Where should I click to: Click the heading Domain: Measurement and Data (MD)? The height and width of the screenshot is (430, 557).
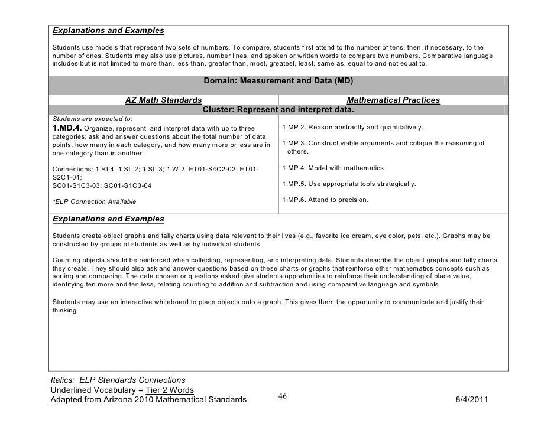277,82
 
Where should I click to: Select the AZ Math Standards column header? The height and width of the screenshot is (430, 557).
163,100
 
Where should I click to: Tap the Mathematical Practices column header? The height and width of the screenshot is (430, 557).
393,100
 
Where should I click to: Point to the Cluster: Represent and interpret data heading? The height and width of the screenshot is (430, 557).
278,110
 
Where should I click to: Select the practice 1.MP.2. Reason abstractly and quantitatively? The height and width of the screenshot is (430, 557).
352,127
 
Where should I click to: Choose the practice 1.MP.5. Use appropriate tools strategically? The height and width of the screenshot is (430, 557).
349,184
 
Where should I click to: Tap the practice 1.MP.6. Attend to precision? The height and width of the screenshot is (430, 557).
325,200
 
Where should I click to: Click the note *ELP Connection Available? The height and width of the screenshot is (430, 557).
94,202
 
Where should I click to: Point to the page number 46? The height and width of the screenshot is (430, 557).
283,396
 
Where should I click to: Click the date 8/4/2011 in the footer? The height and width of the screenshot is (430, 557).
473,400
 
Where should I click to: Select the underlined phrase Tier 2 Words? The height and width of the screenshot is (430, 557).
162,390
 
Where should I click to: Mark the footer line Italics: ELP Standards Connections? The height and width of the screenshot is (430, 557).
118,379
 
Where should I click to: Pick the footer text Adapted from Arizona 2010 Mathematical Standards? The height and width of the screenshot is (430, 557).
148,400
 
